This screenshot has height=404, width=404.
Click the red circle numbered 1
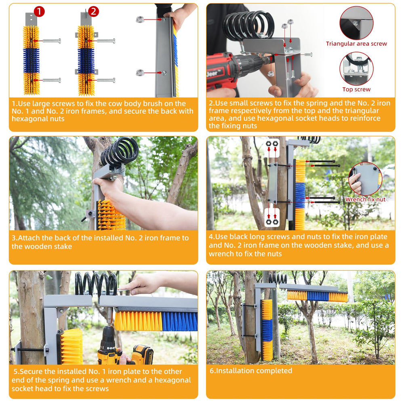(x=39, y=11)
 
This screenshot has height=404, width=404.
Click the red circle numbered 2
(x=94, y=11)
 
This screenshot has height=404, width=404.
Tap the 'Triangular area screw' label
(x=356, y=44)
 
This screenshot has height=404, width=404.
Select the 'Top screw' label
(x=356, y=89)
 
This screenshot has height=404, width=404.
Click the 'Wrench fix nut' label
(x=365, y=199)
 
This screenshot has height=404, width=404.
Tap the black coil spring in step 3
(x=120, y=151)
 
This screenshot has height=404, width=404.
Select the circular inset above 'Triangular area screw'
(x=356, y=23)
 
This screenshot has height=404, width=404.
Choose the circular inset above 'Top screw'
(x=356, y=69)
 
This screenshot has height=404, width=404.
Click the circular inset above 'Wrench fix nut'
(x=365, y=179)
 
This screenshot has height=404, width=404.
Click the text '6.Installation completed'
(x=251, y=371)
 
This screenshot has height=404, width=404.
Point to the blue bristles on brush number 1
(x=32, y=61)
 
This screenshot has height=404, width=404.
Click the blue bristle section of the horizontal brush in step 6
(x=318, y=296)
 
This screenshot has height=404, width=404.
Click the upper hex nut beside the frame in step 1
(x=140, y=19)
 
